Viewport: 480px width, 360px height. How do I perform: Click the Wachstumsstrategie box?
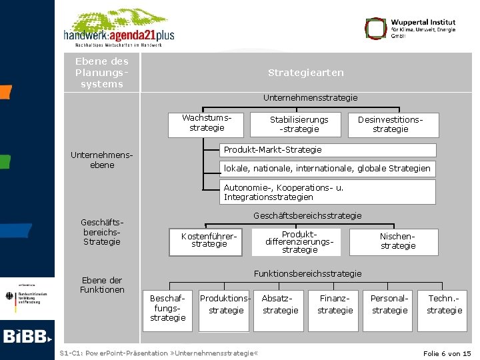click(206, 124)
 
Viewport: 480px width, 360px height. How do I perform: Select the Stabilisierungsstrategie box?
click(299, 124)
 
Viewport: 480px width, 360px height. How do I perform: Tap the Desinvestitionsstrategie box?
click(391, 125)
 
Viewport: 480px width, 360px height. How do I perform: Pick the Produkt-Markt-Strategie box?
click(328, 150)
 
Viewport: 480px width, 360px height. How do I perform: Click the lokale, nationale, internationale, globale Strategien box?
click(328, 169)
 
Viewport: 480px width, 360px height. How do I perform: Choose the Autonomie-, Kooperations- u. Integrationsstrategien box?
click(328, 192)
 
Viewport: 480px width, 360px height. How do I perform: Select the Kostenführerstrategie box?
click(209, 241)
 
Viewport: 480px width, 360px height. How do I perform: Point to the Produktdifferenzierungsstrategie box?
click(299, 241)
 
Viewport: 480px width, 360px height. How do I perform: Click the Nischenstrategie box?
click(397, 241)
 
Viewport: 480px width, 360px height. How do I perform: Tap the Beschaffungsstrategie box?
click(168, 309)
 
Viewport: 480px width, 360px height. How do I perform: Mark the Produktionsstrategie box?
click(225, 305)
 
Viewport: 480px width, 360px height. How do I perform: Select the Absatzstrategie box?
click(281, 305)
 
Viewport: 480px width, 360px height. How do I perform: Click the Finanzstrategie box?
click(335, 305)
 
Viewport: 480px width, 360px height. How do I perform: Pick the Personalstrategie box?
click(390, 305)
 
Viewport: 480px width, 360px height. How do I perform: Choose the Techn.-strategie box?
click(444, 305)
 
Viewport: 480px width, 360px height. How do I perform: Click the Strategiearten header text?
click(306, 72)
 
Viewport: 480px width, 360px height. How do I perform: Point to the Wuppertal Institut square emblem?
click(375, 28)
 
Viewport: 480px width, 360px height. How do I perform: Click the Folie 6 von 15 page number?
click(446, 353)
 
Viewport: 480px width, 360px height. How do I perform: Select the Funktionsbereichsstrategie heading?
click(308, 273)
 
